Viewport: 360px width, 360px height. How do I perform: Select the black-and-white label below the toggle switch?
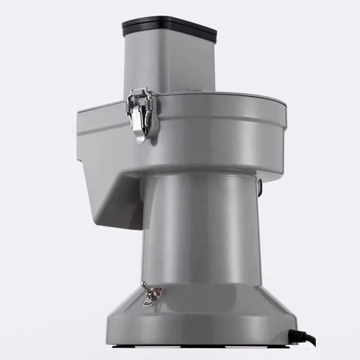147,304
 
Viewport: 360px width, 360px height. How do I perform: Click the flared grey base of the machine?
202,315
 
